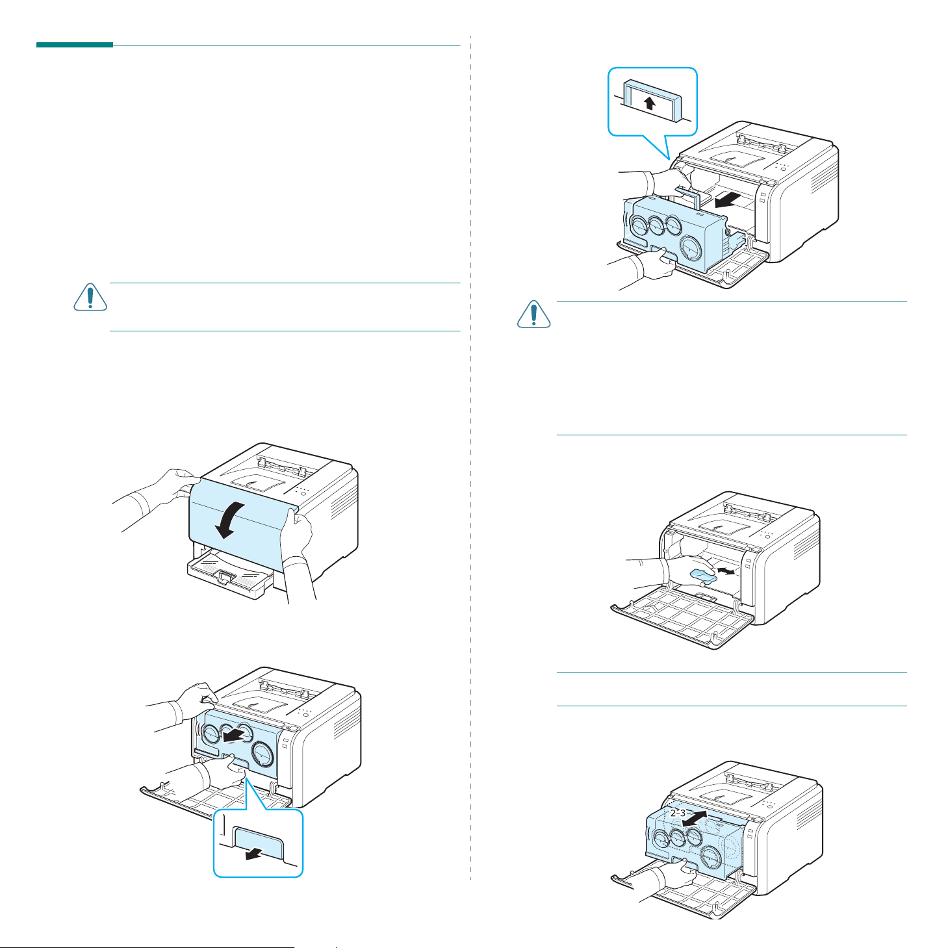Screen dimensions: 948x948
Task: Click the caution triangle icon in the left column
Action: [90, 297]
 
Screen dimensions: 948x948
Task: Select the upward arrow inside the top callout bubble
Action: [650, 103]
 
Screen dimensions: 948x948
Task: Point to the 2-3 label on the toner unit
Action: [678, 813]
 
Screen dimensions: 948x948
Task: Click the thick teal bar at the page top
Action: [75, 45]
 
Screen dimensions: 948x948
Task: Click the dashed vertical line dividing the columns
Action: [470, 455]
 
